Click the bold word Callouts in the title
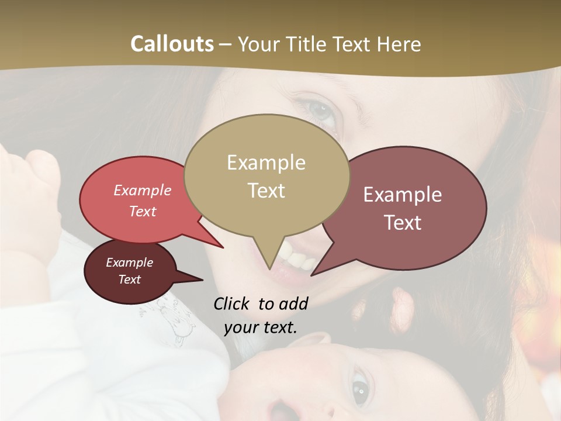(172, 44)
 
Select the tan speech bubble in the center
(266, 175)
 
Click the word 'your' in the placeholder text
(240, 327)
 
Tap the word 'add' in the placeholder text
(293, 303)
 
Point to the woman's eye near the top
(318, 109)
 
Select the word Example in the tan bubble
(266, 163)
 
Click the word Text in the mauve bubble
(403, 223)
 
